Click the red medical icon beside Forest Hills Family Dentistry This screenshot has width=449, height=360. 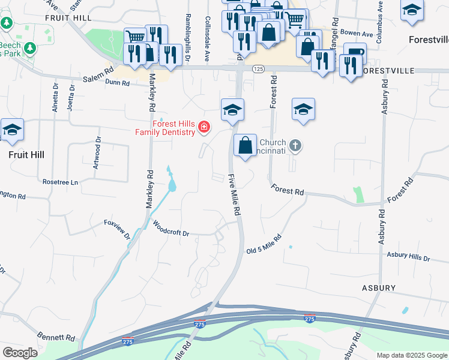pos(204,127)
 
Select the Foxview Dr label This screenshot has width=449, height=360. pos(117,229)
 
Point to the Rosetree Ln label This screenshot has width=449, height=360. pos(61,182)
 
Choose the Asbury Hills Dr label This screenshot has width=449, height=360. pos(408,257)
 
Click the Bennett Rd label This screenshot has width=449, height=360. pos(58,339)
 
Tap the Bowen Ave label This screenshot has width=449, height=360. pos(357,34)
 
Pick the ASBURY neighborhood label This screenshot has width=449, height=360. pos(378,288)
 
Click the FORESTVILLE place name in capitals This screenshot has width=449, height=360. pos(389,71)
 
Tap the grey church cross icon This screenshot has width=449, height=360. pos(295,145)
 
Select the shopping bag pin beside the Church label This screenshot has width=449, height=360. pos(245,145)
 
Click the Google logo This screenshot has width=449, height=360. pos(20,353)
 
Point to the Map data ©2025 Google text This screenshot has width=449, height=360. pos(411,355)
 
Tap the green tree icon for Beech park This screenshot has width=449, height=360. pos(7,23)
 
